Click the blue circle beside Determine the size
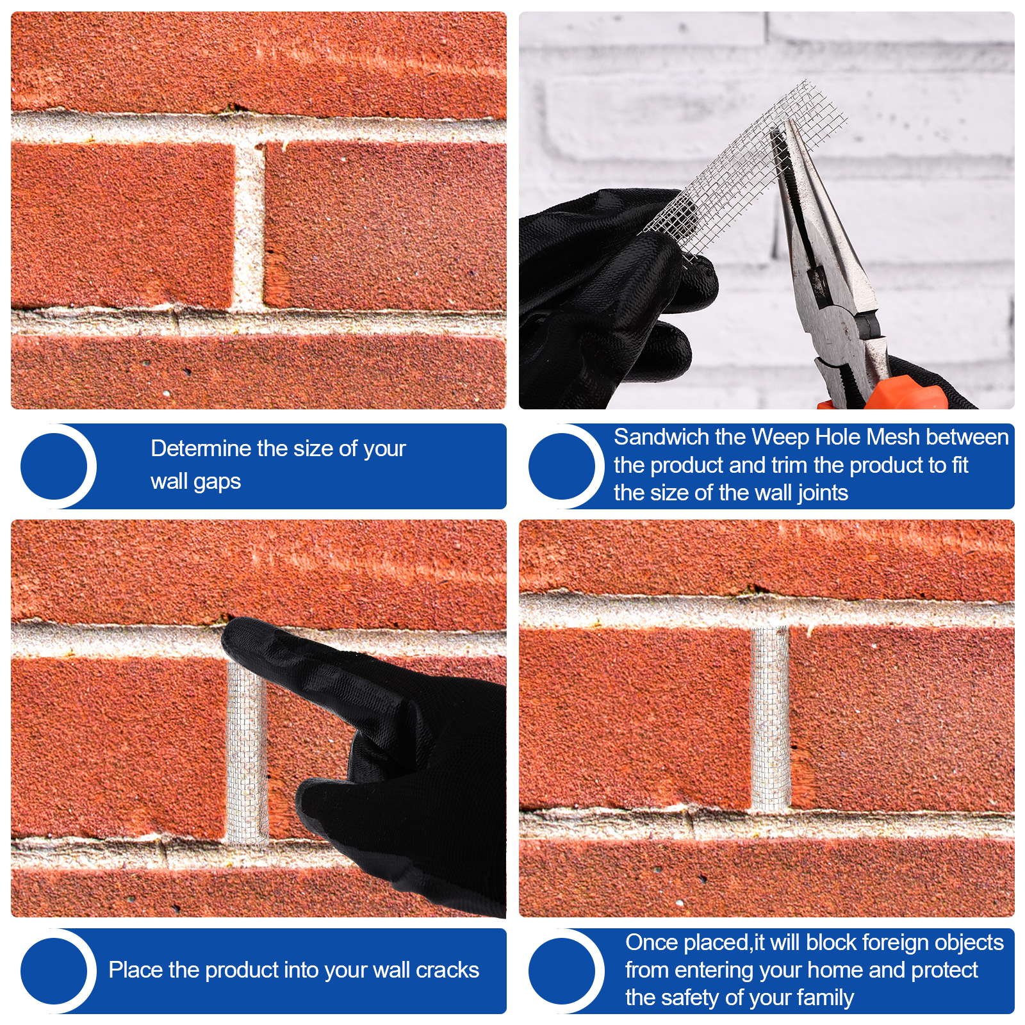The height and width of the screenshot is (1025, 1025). (54, 466)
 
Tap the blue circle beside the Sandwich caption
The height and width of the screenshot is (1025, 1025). (562, 466)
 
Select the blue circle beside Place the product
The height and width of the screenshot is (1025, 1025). (54, 971)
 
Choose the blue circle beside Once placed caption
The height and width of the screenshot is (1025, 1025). (562, 971)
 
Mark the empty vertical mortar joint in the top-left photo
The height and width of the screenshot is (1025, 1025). (248, 227)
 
